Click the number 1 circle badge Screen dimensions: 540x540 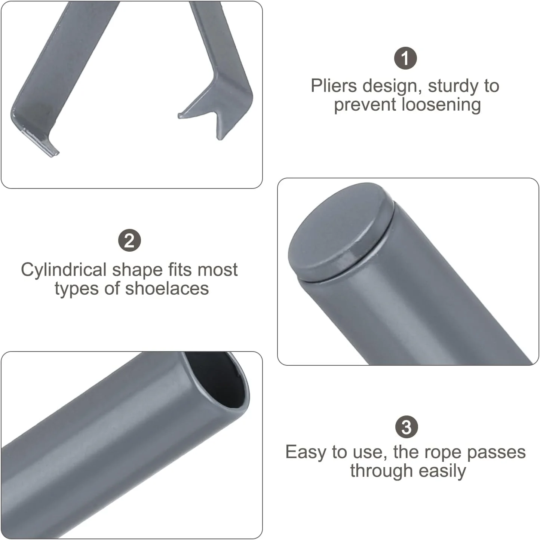click(405, 58)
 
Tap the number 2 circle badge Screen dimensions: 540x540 click(129, 240)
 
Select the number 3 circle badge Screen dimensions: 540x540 click(406, 427)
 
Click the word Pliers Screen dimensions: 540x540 click(334, 86)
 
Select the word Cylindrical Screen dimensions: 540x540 click(64, 270)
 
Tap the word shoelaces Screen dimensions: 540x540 click(167, 289)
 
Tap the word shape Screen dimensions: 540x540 click(137, 270)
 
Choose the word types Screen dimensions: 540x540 click(77, 289)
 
